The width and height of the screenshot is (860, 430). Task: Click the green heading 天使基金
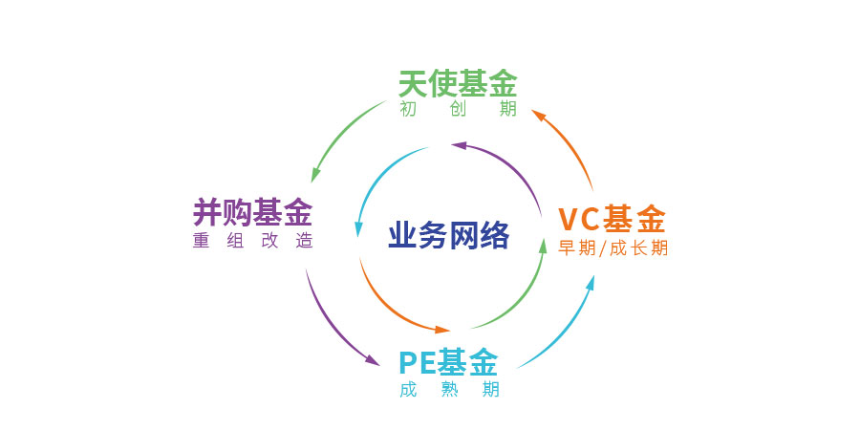[457, 84]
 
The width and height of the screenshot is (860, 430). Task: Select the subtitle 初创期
[458, 109]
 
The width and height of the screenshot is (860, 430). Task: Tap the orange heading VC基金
[612, 219]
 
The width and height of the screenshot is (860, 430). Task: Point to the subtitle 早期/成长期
[613, 247]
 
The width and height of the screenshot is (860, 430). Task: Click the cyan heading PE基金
[448, 363]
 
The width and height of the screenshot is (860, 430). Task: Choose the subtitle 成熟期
[449, 389]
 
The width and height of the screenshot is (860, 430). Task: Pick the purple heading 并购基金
[252, 209]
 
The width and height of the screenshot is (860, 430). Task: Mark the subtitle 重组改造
[252, 240]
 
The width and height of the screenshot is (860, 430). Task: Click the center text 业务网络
[448, 235]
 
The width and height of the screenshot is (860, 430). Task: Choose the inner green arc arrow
[521, 301]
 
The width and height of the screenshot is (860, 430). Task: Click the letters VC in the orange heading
[578, 219]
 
